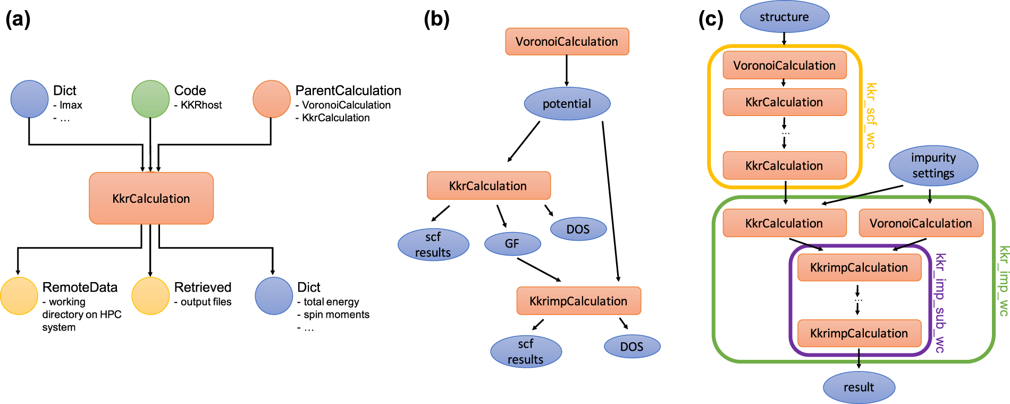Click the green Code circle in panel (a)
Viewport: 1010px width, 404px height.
click(x=150, y=99)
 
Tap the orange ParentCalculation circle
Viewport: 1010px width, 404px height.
click(x=272, y=99)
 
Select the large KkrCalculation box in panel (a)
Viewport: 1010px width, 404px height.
click(x=151, y=198)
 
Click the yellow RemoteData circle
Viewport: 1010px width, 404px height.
click(x=19, y=296)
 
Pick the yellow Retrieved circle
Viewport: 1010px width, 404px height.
click(x=150, y=296)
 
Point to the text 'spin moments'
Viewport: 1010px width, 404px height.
click(x=336, y=315)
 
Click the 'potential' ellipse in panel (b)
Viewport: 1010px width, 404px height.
click(x=567, y=104)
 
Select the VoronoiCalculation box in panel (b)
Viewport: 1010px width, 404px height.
click(x=567, y=42)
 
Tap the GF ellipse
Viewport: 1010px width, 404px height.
click(x=512, y=244)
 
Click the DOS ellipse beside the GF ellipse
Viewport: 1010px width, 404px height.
click(x=578, y=229)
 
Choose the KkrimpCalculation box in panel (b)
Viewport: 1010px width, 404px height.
click(x=578, y=301)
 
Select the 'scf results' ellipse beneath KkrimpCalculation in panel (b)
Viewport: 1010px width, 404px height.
click(x=525, y=352)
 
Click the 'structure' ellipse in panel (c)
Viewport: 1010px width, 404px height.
click(x=784, y=17)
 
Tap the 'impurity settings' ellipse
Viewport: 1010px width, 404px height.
click(x=933, y=166)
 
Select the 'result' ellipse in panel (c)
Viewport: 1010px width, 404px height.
click(x=858, y=387)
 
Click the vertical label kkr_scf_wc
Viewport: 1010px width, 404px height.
click(x=871, y=116)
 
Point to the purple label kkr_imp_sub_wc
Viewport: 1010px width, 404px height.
click(x=940, y=303)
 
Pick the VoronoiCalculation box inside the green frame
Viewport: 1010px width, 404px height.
click(x=921, y=224)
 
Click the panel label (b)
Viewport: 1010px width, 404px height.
click(x=436, y=19)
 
